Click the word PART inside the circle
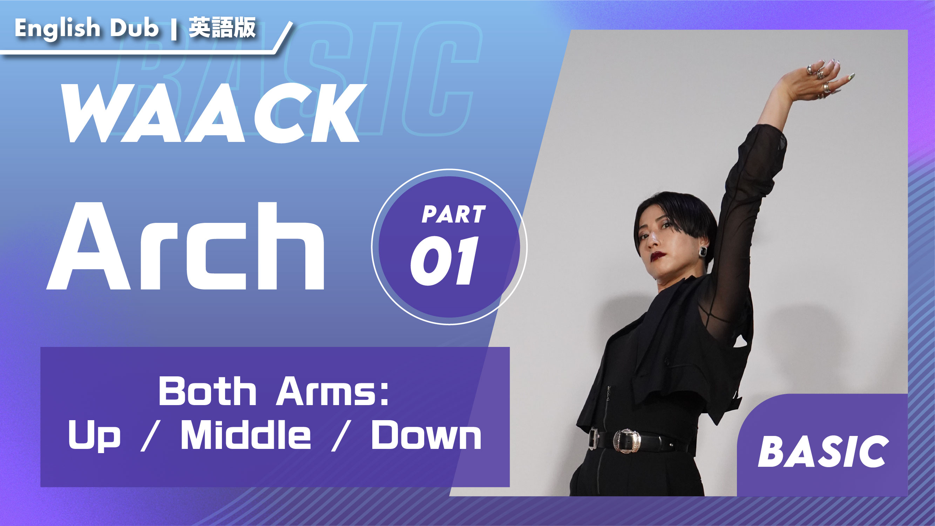coord(453,214)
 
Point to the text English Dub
coord(87,28)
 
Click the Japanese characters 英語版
coord(222,27)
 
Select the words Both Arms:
coord(274,391)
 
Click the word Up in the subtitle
coord(94,437)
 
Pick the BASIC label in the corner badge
coord(823,452)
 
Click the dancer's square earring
coord(703,251)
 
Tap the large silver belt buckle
coord(626,441)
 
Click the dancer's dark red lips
coord(658,256)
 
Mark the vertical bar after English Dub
coord(174,29)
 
